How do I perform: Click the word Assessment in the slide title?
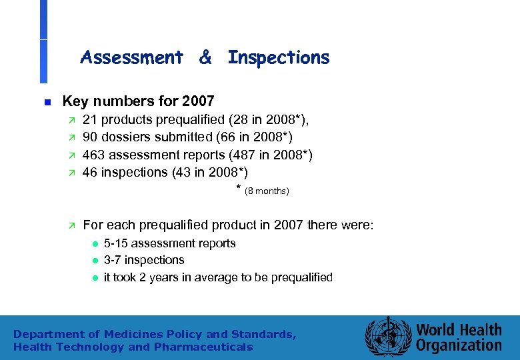click(x=131, y=58)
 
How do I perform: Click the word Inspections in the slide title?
click(x=279, y=58)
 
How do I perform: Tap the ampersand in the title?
click(x=205, y=58)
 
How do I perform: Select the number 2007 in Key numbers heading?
click(x=197, y=101)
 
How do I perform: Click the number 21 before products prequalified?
click(x=89, y=120)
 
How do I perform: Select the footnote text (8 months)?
click(x=267, y=192)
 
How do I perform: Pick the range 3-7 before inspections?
click(x=113, y=260)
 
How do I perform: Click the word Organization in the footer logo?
click(x=459, y=345)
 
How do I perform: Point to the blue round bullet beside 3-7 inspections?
click(x=95, y=261)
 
